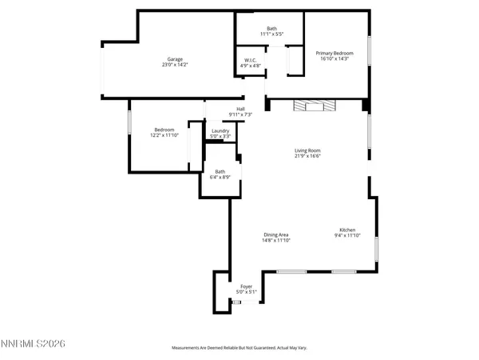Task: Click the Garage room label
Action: click(176, 58)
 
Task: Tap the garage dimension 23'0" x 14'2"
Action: click(176, 66)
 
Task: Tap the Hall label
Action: click(240, 109)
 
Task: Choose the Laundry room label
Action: click(220, 130)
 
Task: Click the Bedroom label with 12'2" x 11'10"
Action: click(164, 130)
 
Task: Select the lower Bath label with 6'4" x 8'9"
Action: click(220, 171)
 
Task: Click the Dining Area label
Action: click(277, 234)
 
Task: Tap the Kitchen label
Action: click(346, 230)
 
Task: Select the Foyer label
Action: click(247, 286)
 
